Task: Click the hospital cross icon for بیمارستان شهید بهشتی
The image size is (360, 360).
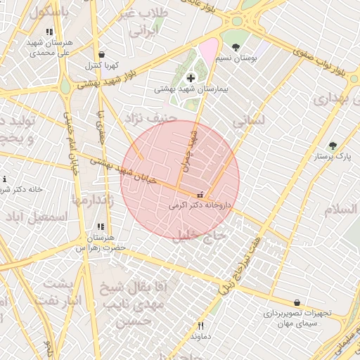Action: pos(191,77)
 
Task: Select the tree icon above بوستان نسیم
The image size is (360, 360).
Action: pos(236,47)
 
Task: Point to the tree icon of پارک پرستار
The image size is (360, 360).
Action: pos(333,146)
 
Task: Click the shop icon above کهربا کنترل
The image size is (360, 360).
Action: pos(102,54)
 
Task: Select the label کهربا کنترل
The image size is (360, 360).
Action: pos(104,65)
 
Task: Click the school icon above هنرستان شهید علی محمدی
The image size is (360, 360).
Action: pos(49,32)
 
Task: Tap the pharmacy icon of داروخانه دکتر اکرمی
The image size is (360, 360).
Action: pos(200,194)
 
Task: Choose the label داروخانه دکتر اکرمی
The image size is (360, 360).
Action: pos(200,207)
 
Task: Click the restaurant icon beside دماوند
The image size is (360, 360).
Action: pos(200,326)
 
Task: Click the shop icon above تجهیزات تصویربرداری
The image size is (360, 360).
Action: pos(297,302)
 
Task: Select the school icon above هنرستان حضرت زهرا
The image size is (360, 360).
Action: pos(101,226)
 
